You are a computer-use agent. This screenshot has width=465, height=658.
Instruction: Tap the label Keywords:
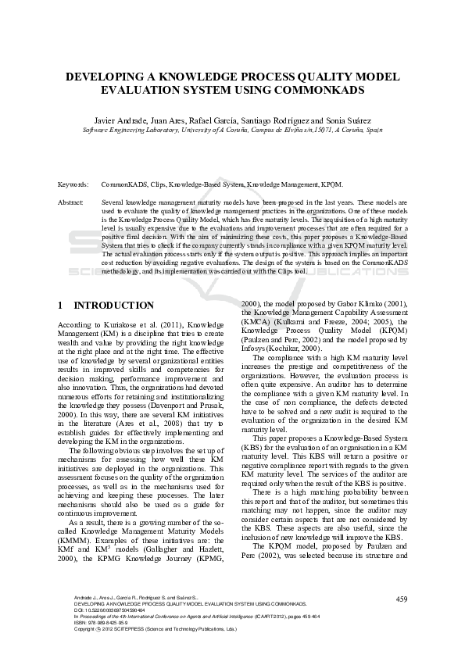[x=73, y=184]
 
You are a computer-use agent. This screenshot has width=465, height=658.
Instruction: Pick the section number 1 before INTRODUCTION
[x=61, y=306]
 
